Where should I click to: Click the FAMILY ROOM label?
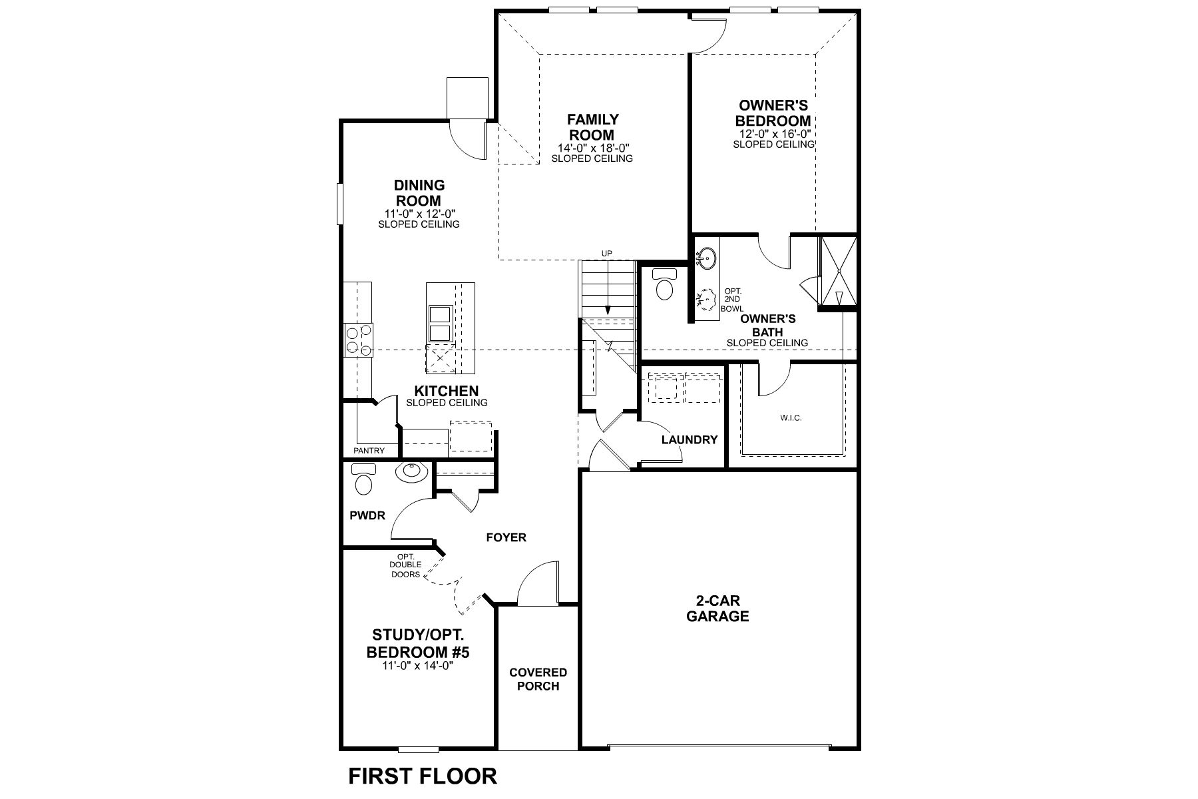pyautogui.click(x=592, y=127)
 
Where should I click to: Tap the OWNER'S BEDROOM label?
pyautogui.click(x=773, y=113)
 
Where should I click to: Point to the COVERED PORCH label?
pyautogui.click(x=538, y=679)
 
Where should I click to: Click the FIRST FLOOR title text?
pyautogui.click(x=423, y=776)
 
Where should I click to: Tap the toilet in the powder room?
pyautogui.click(x=363, y=481)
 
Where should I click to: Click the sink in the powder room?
pyautogui.click(x=413, y=473)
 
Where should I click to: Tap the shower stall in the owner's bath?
pyautogui.click(x=839, y=273)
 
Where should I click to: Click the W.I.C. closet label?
pyautogui.click(x=791, y=418)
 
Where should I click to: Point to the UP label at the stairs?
pyautogui.click(x=606, y=253)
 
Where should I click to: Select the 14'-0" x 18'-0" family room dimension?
pyautogui.click(x=593, y=148)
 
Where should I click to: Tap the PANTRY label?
pyautogui.click(x=369, y=451)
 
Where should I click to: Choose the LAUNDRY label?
pyautogui.click(x=690, y=439)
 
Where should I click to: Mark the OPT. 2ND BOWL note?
pyautogui.click(x=732, y=300)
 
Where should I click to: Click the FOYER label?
pyautogui.click(x=506, y=537)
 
